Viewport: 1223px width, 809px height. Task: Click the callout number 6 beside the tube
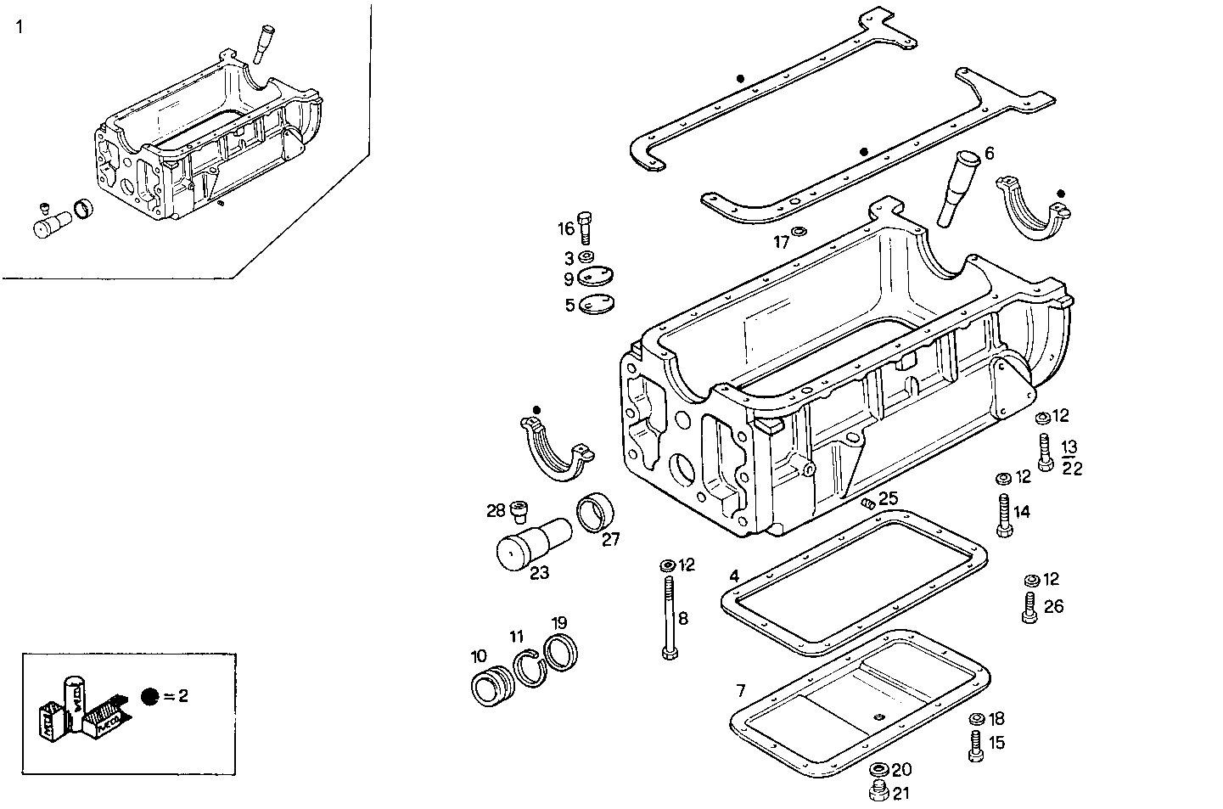click(x=989, y=154)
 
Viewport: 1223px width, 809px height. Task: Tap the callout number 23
click(x=539, y=573)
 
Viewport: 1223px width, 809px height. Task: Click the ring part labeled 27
click(x=597, y=512)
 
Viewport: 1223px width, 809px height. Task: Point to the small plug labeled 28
click(x=521, y=509)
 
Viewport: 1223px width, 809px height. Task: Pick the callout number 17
click(x=781, y=242)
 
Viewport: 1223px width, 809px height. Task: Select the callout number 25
click(x=888, y=498)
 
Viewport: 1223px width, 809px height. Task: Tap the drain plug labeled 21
click(x=879, y=793)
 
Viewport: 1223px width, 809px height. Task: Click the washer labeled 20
click(x=879, y=770)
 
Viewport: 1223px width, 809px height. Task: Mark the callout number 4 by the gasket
click(x=733, y=576)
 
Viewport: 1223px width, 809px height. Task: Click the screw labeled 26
click(x=1029, y=607)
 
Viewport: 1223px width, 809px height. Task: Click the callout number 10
click(x=479, y=656)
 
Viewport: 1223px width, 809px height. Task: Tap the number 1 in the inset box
click(x=20, y=27)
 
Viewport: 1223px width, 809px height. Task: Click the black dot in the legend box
click(x=150, y=696)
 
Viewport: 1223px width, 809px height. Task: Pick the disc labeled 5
click(x=597, y=303)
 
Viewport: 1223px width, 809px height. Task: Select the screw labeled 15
click(x=975, y=744)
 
